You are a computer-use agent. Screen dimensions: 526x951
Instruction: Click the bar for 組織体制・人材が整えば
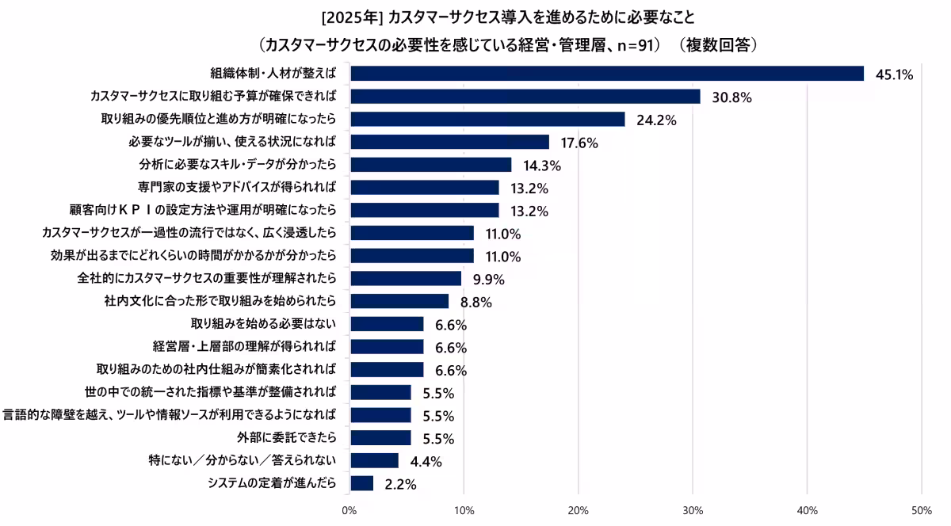(606, 74)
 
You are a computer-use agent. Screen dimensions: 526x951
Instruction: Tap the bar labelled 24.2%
(487, 120)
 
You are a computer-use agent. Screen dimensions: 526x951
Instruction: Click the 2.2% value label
(400, 484)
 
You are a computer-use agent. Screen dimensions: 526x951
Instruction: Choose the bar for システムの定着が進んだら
(361, 483)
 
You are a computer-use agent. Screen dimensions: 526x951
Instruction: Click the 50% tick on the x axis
(921, 509)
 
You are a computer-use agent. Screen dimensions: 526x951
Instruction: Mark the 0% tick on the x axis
(349, 509)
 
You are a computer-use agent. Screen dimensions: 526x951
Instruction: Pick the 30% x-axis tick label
(693, 509)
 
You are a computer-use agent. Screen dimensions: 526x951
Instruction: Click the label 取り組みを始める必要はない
(264, 323)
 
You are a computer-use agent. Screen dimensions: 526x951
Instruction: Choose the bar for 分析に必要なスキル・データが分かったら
(430, 165)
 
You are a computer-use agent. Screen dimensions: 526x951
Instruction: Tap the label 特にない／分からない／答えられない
(243, 460)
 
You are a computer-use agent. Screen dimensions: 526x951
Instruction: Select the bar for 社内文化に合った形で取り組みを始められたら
(399, 301)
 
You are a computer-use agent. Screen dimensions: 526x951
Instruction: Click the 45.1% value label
(894, 75)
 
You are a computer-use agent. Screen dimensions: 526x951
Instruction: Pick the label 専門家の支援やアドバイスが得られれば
(237, 187)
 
